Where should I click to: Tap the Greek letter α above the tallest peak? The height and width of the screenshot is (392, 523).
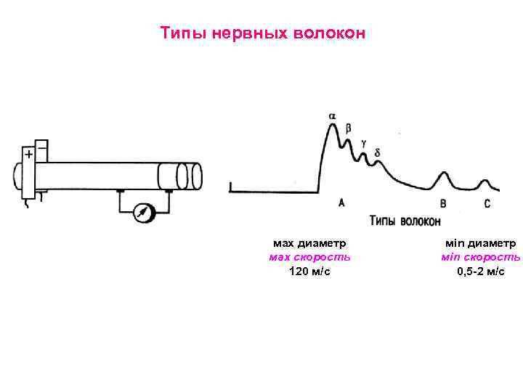pos(333,115)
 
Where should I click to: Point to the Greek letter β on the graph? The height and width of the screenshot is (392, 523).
pos(349,128)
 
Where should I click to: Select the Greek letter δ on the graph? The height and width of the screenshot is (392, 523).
pos(376,152)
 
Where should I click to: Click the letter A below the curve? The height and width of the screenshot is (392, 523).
pos(342,203)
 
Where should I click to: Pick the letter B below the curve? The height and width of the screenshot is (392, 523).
pos(443,204)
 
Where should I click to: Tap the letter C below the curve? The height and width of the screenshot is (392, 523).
pos(487,204)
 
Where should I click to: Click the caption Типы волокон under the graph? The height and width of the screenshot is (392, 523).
pos(404,220)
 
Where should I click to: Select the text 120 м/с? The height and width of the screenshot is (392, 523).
pos(309,271)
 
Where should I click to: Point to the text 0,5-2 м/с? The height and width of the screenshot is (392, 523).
pos(480,271)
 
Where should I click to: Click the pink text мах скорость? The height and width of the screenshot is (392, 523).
pos(309,257)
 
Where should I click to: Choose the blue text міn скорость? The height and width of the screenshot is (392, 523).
pos(480,257)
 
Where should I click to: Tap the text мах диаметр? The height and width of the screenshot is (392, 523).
pos(309,243)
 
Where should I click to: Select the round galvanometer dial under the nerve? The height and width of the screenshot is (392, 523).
pos(145,212)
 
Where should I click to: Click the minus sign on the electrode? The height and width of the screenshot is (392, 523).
pos(41,148)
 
